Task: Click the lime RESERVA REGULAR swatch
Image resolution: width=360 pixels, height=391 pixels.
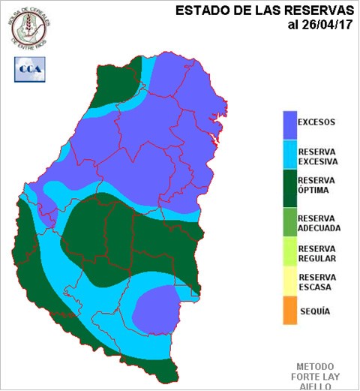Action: point(289,254)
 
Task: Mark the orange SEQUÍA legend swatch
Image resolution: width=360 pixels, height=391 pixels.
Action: point(289,311)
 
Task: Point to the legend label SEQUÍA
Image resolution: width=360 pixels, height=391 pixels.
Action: point(315,311)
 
